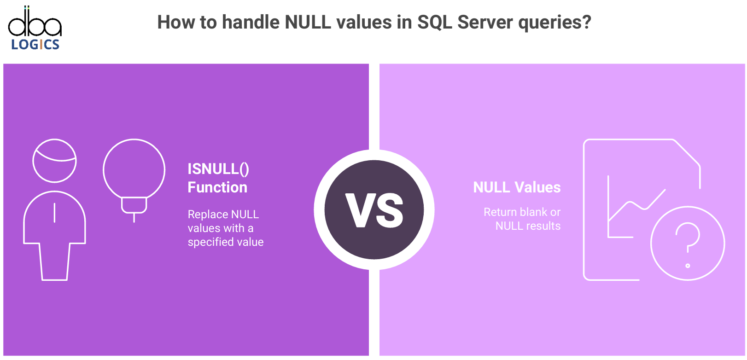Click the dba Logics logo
point(35,28)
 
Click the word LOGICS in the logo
point(35,44)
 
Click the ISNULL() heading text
point(218,169)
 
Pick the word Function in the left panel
point(217,187)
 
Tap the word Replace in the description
point(207,215)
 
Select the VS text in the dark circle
point(374,211)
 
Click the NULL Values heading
point(517,187)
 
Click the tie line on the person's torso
point(55,213)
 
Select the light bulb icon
point(134,180)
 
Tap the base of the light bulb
point(134,205)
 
